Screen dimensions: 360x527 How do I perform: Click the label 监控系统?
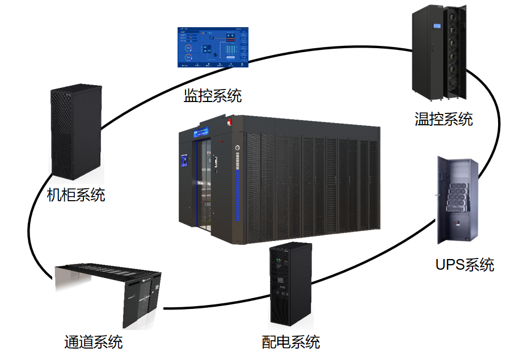212,95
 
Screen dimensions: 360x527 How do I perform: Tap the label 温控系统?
444,119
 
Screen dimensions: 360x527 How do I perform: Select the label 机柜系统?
76,196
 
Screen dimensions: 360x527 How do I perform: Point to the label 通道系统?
93,342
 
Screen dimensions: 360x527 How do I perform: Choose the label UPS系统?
465,264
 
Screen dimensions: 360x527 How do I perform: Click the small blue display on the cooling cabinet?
437,26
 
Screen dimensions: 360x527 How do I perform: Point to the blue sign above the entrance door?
200,134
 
